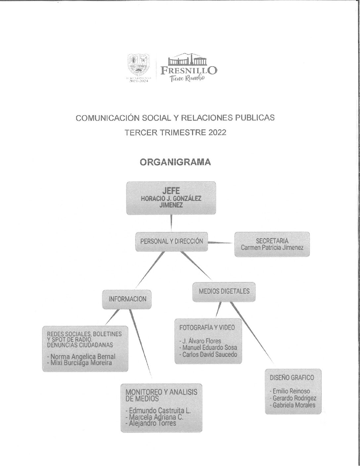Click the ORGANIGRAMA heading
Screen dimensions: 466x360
click(175, 162)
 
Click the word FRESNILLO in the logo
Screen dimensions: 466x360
click(189, 70)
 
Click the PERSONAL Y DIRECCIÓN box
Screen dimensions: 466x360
click(171, 241)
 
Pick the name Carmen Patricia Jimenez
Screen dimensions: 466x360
click(272, 247)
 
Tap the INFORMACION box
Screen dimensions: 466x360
click(127, 299)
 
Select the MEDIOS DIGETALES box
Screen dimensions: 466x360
click(224, 291)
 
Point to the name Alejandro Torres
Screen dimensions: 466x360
click(152, 423)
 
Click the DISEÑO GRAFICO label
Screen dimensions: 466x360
click(292, 377)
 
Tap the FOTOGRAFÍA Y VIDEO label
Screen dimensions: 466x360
click(207, 327)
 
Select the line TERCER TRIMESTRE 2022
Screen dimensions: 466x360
click(175, 133)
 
